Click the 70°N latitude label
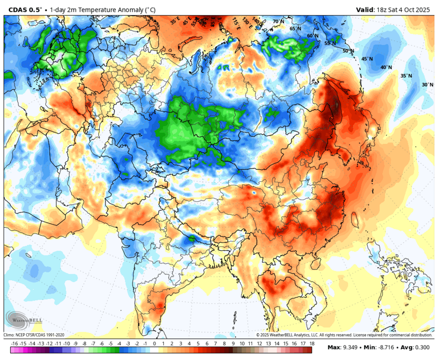279,22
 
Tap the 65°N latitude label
295,29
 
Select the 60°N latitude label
312,36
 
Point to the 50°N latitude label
348,51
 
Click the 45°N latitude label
367,59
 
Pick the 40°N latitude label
386,67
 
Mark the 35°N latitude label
406,75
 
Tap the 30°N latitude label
427,84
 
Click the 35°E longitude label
175,21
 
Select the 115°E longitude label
236,22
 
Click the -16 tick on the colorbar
15,344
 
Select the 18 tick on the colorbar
312,344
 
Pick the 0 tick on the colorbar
155,344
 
